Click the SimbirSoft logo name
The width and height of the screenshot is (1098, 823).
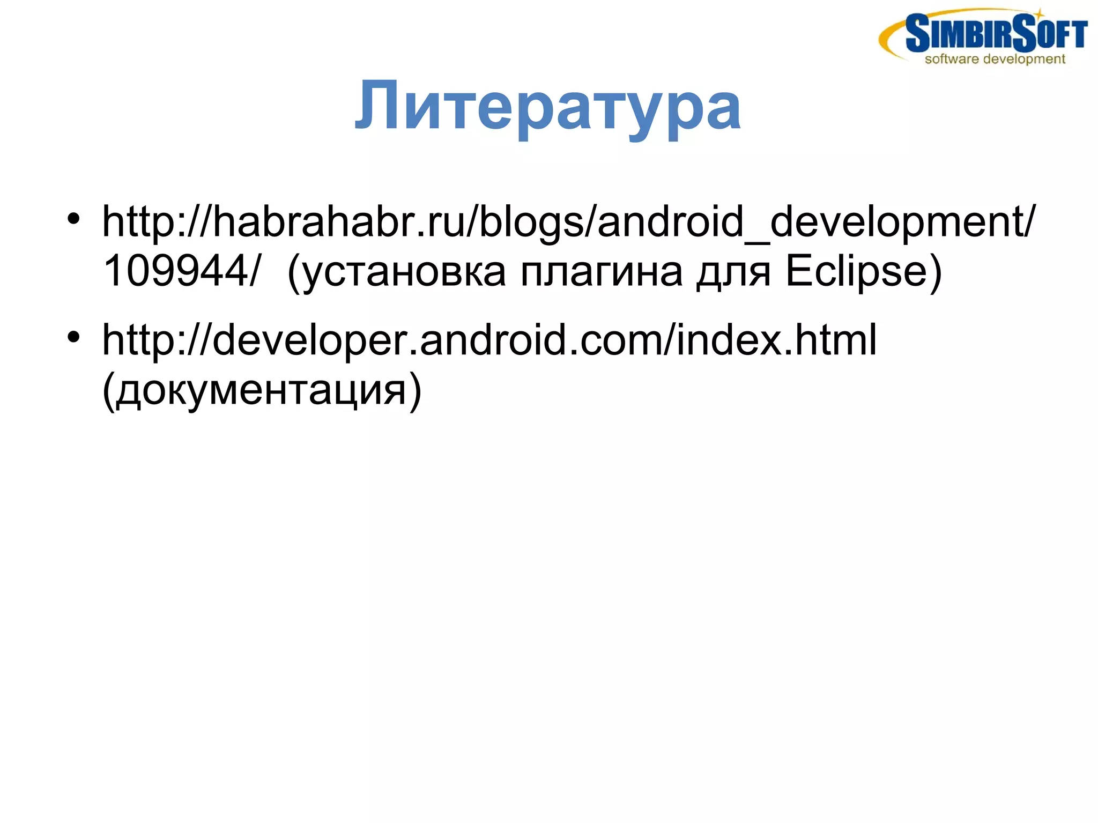(996, 33)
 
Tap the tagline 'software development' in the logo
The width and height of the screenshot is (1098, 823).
(995, 59)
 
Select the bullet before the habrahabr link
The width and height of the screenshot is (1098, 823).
(73, 219)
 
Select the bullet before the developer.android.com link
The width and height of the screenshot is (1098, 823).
(73, 337)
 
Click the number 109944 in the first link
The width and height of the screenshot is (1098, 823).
(175, 271)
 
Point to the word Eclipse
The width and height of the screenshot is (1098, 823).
(856, 271)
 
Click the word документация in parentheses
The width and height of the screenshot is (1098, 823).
(261, 390)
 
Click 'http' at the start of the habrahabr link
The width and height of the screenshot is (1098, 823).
(137, 221)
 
